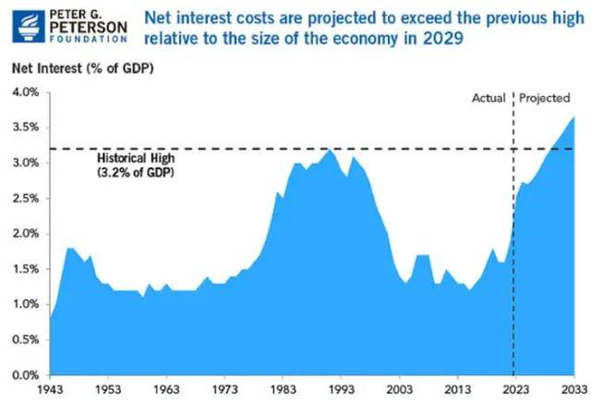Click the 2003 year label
pos(399,390)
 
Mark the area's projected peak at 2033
pos(573,117)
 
